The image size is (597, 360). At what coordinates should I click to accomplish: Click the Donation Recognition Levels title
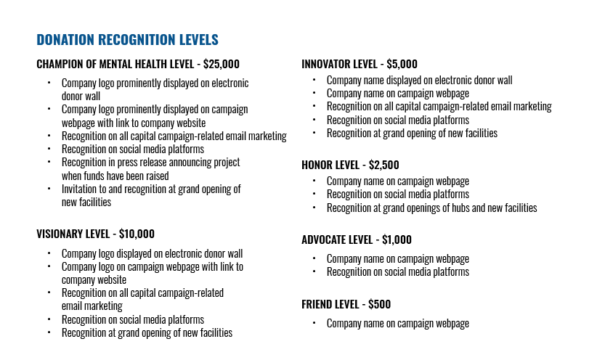[x=127, y=40]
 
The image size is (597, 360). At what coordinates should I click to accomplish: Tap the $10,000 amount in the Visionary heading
[x=137, y=234]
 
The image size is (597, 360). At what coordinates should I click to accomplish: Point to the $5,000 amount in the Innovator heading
[x=401, y=64]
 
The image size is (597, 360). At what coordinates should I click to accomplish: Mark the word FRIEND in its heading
[x=318, y=304]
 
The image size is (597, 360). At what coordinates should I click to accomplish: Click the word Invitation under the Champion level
[x=81, y=189]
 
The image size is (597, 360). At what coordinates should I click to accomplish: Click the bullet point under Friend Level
[x=314, y=324]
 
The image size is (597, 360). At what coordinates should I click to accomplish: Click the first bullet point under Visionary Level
[x=49, y=254]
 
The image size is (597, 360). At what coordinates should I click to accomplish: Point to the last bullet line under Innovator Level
[x=411, y=134]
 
